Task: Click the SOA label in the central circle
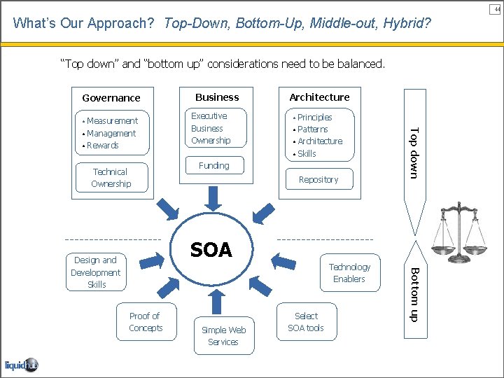(211, 250)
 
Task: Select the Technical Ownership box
(111, 178)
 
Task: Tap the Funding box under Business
(213, 166)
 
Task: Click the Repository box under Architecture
(318, 180)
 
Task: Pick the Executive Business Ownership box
(210, 128)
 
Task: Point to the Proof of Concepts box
(146, 322)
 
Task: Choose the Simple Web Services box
(223, 336)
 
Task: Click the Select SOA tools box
(306, 322)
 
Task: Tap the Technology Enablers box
(349, 273)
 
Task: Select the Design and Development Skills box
(96, 272)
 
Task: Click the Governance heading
(111, 98)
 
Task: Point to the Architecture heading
(319, 97)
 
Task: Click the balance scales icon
(458, 230)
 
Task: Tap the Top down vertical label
(414, 153)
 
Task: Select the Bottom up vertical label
(414, 295)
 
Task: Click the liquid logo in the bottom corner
(21, 365)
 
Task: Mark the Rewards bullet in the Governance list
(102, 146)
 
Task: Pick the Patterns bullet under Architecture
(312, 129)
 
